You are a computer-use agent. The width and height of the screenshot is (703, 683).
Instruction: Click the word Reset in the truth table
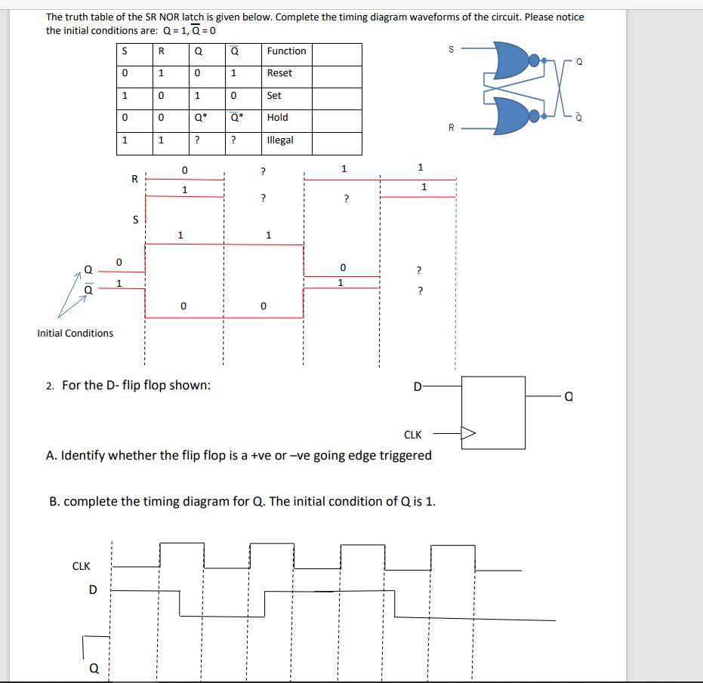click(279, 73)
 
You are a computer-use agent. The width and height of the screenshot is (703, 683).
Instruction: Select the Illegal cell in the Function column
click(279, 140)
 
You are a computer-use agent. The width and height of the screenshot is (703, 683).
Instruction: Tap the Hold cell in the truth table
click(277, 118)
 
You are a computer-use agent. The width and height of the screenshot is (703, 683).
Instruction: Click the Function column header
click(286, 51)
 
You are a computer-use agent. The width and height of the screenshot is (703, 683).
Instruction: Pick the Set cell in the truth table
click(274, 96)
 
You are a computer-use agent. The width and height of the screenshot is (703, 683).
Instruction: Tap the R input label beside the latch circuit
click(452, 127)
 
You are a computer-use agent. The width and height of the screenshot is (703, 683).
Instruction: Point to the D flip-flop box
click(494, 411)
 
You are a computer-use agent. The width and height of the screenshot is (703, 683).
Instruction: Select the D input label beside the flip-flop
click(417, 388)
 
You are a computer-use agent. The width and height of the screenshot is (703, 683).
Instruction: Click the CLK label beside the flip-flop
click(413, 435)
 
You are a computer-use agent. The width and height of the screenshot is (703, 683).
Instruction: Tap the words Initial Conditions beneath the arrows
click(76, 333)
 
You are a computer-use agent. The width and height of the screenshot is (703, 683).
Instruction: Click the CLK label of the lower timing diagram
click(81, 566)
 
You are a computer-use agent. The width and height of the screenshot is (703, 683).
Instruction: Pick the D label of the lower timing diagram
click(93, 590)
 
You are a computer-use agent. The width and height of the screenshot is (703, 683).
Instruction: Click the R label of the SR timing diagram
click(134, 179)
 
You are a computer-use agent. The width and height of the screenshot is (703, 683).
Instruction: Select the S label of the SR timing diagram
click(135, 220)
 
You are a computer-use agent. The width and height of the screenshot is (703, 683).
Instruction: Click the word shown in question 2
click(190, 386)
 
